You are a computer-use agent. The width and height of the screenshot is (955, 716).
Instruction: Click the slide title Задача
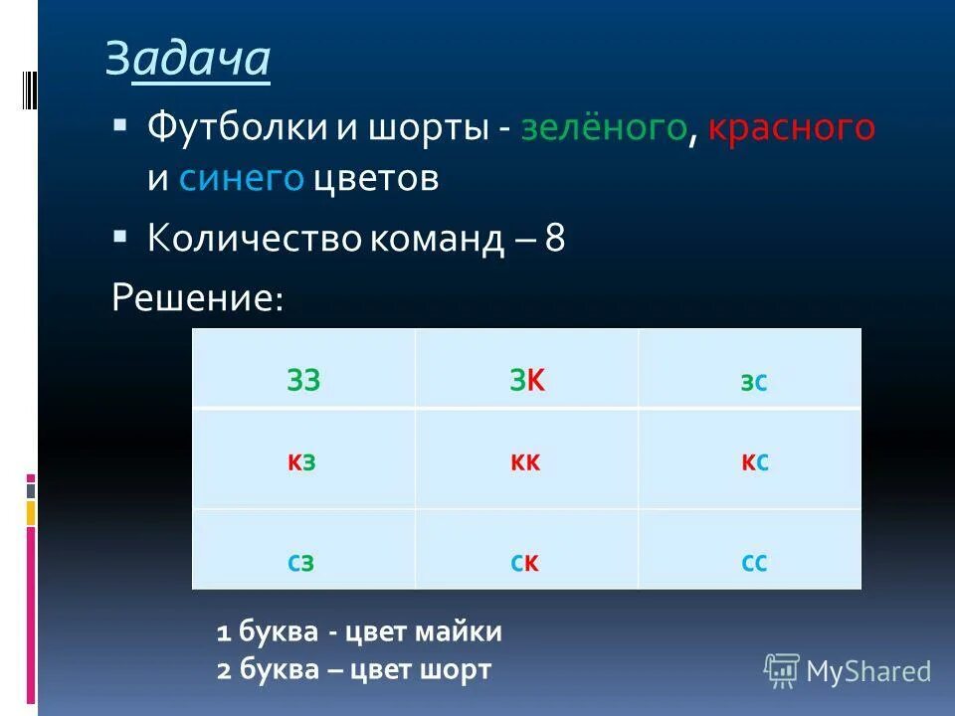pos(188,60)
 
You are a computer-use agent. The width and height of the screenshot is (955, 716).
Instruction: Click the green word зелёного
pos(603,127)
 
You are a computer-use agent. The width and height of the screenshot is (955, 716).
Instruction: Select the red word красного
pos(792,127)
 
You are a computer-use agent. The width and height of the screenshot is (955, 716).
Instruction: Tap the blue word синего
pos(241,179)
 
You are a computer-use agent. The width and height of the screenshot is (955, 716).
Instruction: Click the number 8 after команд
pos(555,239)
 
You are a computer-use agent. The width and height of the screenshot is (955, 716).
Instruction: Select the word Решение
pos(197,296)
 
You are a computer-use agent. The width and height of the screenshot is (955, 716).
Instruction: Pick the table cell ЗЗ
pos(303,382)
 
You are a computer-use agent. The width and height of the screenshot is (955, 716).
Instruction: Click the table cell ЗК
pos(527,382)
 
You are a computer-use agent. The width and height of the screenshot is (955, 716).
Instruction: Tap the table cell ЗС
pos(753,383)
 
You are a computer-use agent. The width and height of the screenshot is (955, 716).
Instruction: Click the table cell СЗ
pos(303,564)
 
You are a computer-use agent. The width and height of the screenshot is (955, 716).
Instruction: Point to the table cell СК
pos(526,564)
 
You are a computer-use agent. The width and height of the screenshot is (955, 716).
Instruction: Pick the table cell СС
pos(753,564)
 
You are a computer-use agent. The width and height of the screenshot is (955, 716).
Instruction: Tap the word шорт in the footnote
pos(458,670)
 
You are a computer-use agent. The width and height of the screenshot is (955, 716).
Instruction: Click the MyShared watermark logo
pos(848,671)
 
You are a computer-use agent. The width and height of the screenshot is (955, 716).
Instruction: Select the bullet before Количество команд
pos(120,238)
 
